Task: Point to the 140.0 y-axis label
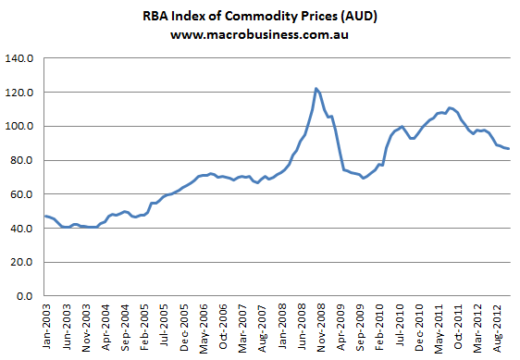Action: coord(20,59)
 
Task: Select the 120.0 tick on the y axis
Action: coord(20,93)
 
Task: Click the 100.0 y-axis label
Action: coord(20,127)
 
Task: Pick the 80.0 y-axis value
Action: coord(23,161)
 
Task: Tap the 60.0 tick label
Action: coord(23,194)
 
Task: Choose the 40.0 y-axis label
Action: coord(23,229)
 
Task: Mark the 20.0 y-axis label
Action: coord(23,262)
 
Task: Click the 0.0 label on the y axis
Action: coord(26,296)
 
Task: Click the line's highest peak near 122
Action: coord(316,89)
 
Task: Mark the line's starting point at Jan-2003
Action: coord(44,216)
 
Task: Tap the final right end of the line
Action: coord(509,149)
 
